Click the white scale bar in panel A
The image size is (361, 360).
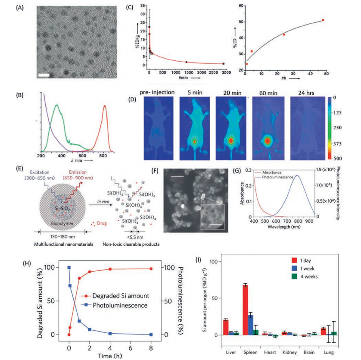(x=44, y=76)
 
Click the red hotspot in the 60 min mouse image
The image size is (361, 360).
(x=268, y=141)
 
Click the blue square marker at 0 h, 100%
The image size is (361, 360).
(x=69, y=267)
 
